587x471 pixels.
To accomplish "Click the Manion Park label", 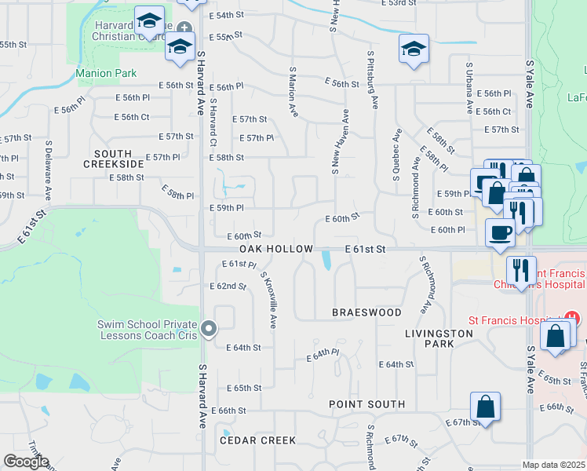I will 106,74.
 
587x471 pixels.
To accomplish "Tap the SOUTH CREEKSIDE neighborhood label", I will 119,159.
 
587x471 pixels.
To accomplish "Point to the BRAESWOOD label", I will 366,312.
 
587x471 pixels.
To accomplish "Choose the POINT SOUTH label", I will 366,404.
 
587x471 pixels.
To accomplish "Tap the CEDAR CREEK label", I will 257,440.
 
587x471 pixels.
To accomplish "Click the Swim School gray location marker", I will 208,329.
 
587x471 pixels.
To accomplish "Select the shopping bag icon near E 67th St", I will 486,408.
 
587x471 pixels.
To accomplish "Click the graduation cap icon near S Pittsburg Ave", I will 414,49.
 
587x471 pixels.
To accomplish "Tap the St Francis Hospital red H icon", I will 572,319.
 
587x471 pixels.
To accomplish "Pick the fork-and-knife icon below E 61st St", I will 521,271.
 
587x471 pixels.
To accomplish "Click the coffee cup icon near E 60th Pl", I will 501,232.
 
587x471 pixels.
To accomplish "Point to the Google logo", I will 27,461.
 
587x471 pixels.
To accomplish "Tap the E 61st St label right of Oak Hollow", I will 366,249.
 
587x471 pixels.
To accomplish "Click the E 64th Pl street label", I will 323,356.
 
